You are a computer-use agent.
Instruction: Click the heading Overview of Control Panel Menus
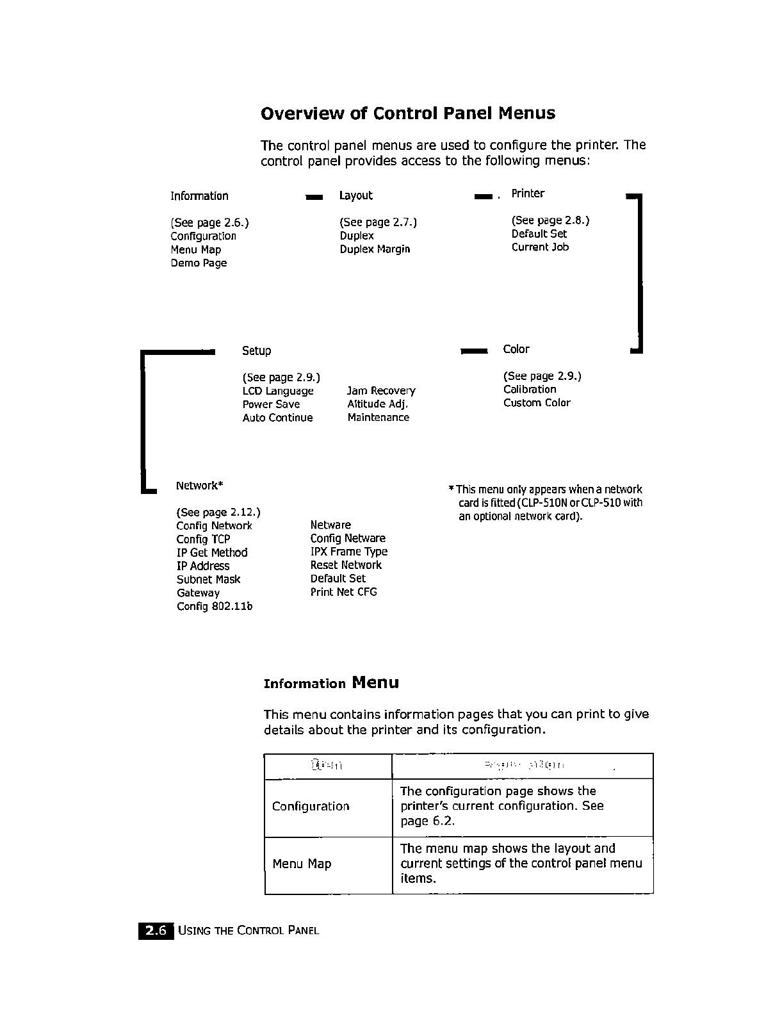pyautogui.click(x=408, y=113)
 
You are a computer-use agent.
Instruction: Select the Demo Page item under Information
pyautogui.click(x=199, y=263)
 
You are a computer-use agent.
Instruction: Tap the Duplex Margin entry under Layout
pyautogui.click(x=375, y=249)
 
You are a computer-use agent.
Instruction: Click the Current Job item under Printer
pyautogui.click(x=540, y=247)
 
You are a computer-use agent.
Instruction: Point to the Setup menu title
pyautogui.click(x=256, y=351)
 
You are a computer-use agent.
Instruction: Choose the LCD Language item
pyautogui.click(x=278, y=391)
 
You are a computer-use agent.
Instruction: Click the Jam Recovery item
pyautogui.click(x=381, y=391)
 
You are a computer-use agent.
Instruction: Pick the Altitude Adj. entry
pyautogui.click(x=378, y=404)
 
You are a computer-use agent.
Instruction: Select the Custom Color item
pyautogui.click(x=537, y=403)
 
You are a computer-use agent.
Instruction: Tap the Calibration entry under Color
pyautogui.click(x=530, y=390)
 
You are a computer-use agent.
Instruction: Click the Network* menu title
pyautogui.click(x=199, y=486)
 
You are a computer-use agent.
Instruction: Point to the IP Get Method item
pyautogui.click(x=212, y=553)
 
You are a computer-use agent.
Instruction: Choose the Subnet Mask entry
pyautogui.click(x=209, y=580)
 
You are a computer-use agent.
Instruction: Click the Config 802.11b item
pyautogui.click(x=215, y=607)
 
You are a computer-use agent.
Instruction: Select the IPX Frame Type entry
pyautogui.click(x=349, y=552)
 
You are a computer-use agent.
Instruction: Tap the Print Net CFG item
pyautogui.click(x=344, y=592)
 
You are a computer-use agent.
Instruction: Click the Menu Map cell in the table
pyautogui.click(x=302, y=864)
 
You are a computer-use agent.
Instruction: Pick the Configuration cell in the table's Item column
pyautogui.click(x=311, y=807)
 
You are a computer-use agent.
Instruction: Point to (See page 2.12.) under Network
pyautogui.click(x=218, y=513)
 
